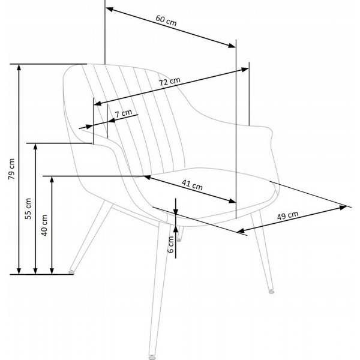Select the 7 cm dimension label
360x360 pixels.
tap(123, 113)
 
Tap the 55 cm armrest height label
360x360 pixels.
tap(28, 208)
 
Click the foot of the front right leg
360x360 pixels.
tap(271, 291)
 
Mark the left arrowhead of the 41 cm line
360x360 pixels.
tap(147, 177)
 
